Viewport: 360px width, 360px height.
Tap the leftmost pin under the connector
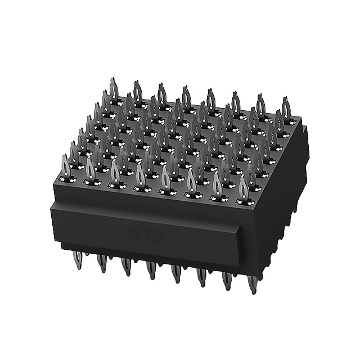tap(78, 260)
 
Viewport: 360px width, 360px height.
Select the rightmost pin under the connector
tap(253, 283)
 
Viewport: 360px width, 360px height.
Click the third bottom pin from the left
tap(126, 265)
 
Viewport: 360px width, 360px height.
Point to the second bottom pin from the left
tap(102, 263)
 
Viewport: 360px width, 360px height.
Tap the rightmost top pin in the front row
tap(243, 187)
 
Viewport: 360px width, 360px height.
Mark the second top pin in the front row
tap(91, 169)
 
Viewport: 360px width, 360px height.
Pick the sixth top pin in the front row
tap(191, 181)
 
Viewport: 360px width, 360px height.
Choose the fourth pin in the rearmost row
tap(186, 97)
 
